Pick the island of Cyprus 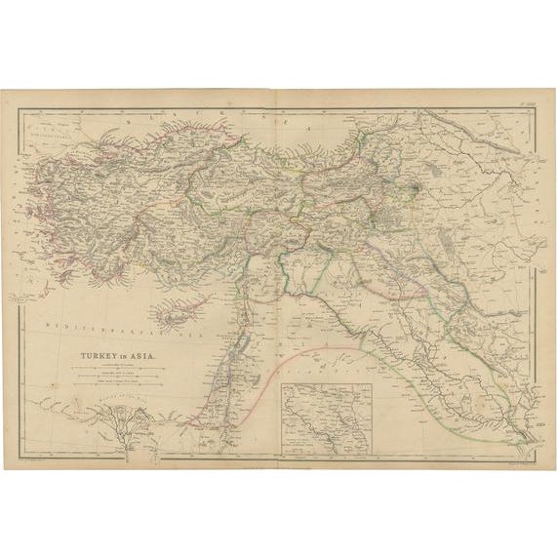[176, 312]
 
